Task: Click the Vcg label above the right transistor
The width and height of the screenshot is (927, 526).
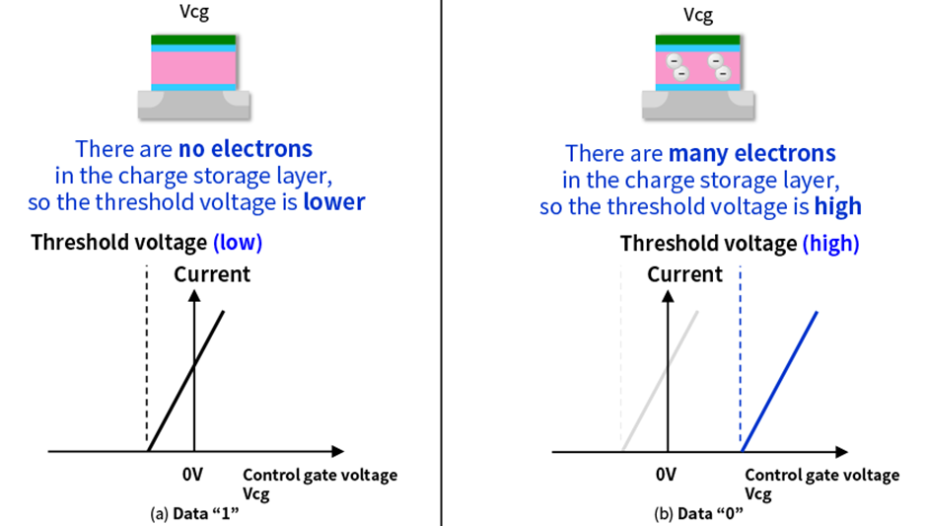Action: [x=699, y=16]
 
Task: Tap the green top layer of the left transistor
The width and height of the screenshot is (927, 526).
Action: [x=193, y=39]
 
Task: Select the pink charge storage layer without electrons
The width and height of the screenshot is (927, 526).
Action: [x=193, y=67]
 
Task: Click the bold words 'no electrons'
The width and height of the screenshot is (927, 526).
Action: [x=245, y=150]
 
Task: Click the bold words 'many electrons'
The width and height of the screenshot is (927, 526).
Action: [x=751, y=154]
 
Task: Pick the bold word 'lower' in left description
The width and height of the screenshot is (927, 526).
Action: [x=333, y=202]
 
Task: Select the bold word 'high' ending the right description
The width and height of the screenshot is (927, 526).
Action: [x=837, y=206]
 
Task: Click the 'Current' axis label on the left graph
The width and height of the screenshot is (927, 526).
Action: [x=212, y=274]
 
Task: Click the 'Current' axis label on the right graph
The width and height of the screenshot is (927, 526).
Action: [x=685, y=274]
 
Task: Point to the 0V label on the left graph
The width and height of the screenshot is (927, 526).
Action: [x=194, y=475]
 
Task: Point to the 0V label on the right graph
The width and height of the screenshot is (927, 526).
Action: [x=667, y=475]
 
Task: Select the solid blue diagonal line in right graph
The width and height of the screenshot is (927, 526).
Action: [x=780, y=380]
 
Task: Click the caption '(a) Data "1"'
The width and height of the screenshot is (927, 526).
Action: [x=194, y=513]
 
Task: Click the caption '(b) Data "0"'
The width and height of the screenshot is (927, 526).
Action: [x=698, y=513]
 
